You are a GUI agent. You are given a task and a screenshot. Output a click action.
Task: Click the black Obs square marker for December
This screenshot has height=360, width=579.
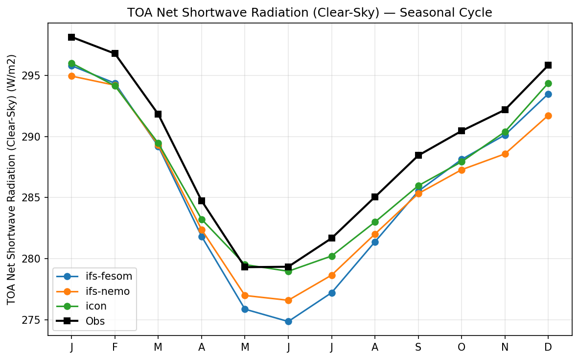pos(548,65)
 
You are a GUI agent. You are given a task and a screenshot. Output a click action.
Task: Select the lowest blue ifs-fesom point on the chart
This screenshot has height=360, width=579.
pos(288,321)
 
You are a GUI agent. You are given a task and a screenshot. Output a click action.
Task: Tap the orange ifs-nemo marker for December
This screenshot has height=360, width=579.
pos(548,116)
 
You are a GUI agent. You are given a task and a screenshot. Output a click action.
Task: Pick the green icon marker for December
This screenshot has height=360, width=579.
pos(548,83)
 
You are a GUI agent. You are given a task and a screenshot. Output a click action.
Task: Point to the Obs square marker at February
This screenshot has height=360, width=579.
pos(115,53)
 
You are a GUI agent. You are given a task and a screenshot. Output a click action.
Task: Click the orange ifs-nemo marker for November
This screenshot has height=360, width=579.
pos(505,154)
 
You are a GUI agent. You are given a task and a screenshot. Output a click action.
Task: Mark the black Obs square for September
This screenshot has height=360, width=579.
pos(418,155)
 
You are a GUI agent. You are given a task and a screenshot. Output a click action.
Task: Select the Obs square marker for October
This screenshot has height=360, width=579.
pos(462,131)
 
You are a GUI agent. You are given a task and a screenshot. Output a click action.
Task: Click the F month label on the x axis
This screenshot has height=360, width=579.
pos(115,347)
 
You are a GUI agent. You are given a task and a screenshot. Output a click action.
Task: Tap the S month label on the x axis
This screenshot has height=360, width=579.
pos(418,347)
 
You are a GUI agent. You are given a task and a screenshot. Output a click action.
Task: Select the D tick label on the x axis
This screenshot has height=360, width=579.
pos(548,347)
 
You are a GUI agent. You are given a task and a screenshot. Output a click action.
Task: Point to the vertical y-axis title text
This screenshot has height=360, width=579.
pos(12,180)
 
